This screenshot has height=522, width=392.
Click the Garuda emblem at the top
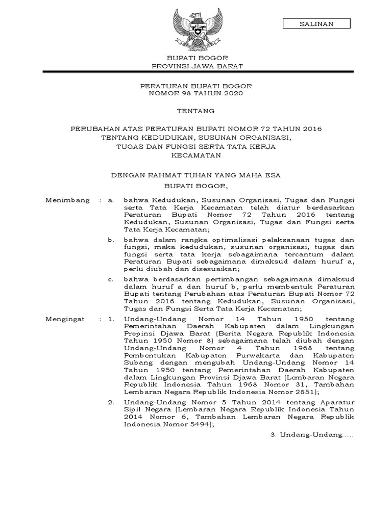(x=196, y=27)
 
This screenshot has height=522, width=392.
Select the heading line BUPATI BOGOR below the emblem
(x=197, y=59)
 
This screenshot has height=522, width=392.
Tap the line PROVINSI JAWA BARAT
(x=197, y=67)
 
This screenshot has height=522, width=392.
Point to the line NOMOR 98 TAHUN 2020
(x=197, y=93)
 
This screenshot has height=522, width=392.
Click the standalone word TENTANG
(x=196, y=111)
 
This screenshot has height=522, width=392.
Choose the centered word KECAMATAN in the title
(x=196, y=155)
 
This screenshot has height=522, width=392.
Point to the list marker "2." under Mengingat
(x=110, y=403)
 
